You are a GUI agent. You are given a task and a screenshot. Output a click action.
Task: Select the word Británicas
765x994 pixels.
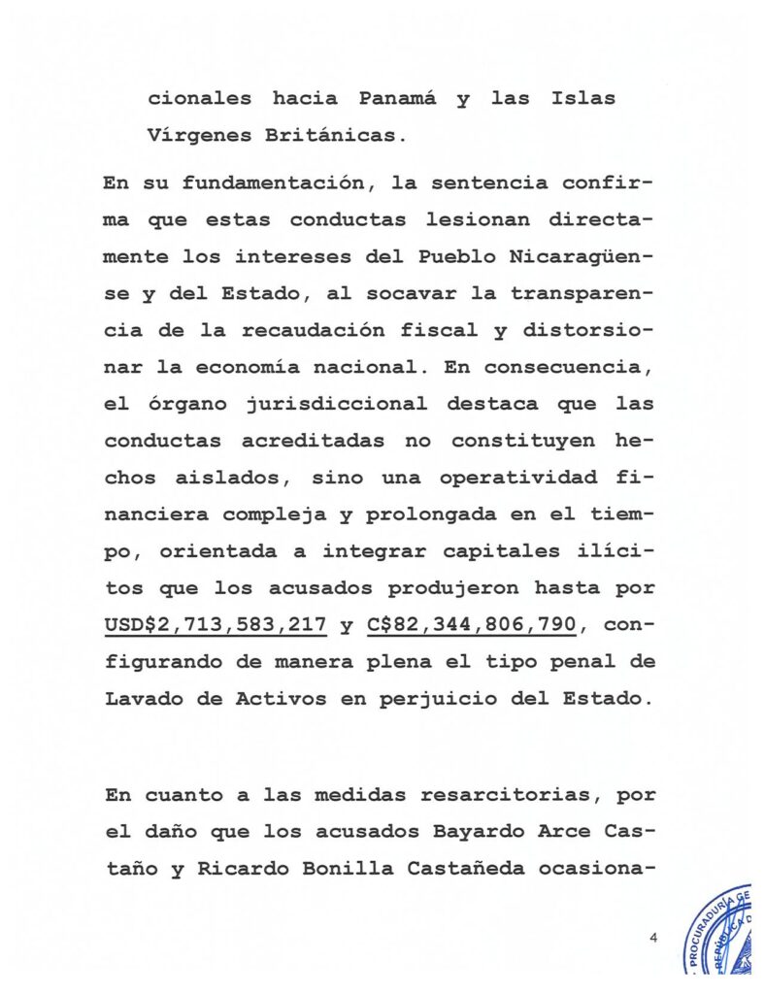point(330,136)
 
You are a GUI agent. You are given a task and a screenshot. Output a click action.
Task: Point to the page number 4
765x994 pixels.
point(654,938)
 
